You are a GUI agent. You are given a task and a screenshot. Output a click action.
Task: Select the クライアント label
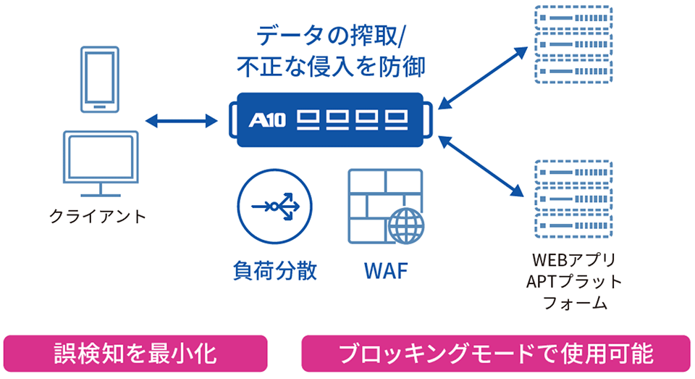click(x=98, y=217)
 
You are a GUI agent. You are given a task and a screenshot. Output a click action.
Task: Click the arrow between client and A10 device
click(x=182, y=120)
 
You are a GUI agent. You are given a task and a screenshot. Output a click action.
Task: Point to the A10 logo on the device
click(x=267, y=120)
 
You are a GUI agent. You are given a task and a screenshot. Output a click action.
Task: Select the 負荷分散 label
click(x=275, y=270)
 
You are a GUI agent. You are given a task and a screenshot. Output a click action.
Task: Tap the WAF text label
click(x=386, y=271)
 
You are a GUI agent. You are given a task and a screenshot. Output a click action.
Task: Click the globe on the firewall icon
click(x=406, y=225)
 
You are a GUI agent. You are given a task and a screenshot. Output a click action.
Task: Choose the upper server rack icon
click(x=573, y=44)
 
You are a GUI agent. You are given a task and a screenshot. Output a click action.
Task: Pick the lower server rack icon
click(x=573, y=199)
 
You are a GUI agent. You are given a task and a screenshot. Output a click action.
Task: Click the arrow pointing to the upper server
click(x=483, y=78)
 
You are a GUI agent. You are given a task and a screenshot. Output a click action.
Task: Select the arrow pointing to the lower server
click(x=481, y=167)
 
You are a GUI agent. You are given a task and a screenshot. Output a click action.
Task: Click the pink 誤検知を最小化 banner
click(x=135, y=353)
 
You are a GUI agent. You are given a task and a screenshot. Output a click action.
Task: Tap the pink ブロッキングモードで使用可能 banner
click(x=496, y=353)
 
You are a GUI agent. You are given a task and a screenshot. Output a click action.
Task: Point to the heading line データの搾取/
click(x=331, y=36)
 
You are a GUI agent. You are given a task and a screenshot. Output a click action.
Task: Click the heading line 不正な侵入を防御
click(x=331, y=67)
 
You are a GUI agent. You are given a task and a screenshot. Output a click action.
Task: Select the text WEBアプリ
click(x=574, y=259)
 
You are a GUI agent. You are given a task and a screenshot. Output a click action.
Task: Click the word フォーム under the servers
click(x=575, y=303)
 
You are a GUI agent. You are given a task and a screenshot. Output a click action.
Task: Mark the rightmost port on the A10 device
click(x=396, y=120)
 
